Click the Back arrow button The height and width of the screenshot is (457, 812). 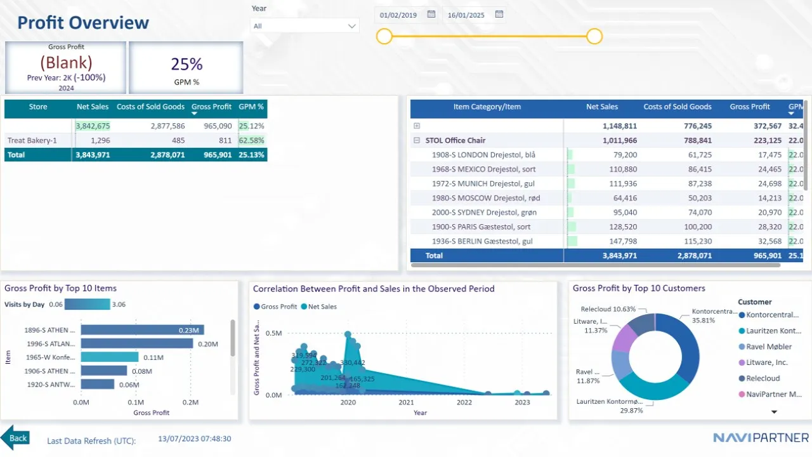15,438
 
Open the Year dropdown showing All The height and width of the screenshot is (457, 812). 304,26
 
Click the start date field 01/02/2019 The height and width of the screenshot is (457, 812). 398,15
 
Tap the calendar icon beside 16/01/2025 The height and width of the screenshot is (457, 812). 499,14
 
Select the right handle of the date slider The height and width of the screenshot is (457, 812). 594,37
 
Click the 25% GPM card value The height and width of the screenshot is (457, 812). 187,64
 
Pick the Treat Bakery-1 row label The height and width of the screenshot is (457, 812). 29,140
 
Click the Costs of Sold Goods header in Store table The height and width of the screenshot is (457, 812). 151,107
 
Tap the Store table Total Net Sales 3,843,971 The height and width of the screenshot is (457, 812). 93,154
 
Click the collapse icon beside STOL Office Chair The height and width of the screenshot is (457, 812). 417,140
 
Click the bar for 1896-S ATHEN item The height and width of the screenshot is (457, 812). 142,330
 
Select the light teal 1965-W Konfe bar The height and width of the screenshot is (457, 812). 110,357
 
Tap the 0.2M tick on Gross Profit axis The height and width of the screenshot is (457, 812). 190,402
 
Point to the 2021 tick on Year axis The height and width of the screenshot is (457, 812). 406,402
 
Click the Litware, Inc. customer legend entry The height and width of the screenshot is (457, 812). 767,362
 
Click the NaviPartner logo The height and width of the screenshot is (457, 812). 761,437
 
